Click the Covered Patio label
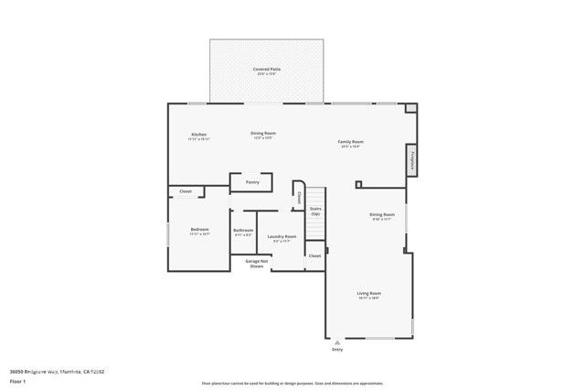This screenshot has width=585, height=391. coord(267,70)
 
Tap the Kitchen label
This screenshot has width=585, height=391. coord(198,135)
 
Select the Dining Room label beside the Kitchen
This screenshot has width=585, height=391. coord(263,134)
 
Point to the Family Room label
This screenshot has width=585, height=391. coord(351,143)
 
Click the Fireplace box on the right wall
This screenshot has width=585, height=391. coord(413,157)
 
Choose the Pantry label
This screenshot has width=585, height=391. coord(252,182)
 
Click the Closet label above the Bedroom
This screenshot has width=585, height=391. coord(186,191)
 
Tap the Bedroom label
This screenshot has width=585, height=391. coord(199,230)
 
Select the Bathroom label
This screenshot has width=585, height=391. coord(243,231)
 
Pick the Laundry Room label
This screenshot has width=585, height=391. coord(282,237)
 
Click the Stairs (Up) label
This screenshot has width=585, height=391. coord(315,211)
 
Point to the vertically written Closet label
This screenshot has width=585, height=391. coord(298,196)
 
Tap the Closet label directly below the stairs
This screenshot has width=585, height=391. coord(314,255)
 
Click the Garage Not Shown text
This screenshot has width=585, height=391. coord(257,263)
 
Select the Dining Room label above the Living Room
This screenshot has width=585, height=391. coord(382,216)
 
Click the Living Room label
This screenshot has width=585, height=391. coord(367,295)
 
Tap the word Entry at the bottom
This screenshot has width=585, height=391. coord(337,350)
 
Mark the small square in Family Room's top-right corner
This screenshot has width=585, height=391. coord(411,108)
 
